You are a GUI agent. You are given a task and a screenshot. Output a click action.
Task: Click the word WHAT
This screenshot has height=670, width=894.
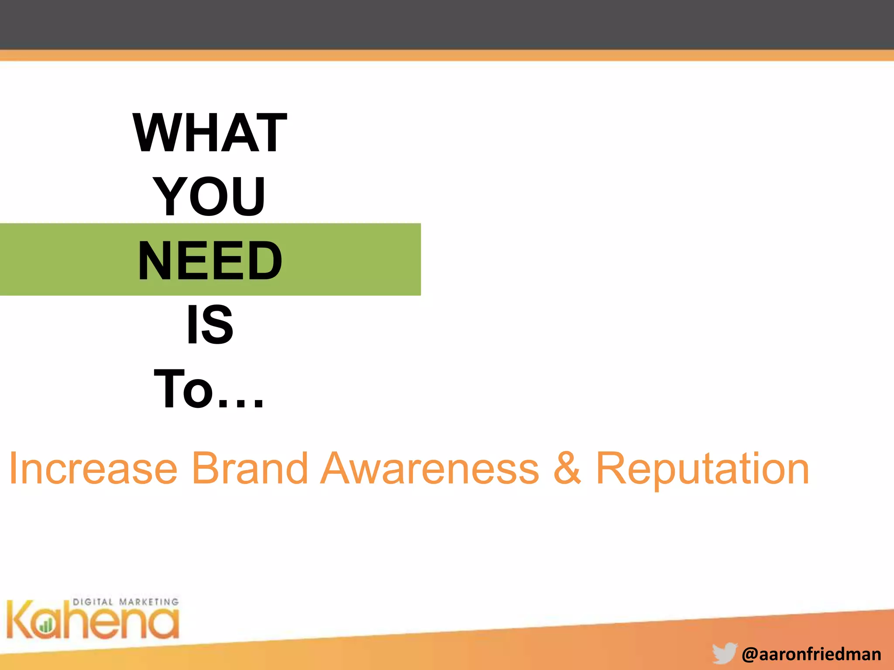(210, 133)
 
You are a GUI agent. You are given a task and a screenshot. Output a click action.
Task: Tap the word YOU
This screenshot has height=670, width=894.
(210, 197)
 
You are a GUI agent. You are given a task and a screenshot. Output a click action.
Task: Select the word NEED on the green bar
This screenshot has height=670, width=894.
(210, 261)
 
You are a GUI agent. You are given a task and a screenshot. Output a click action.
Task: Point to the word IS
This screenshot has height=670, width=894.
(210, 325)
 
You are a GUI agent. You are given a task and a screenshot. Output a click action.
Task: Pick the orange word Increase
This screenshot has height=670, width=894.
(93, 469)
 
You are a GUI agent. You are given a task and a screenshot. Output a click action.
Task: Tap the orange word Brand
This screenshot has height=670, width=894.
(250, 469)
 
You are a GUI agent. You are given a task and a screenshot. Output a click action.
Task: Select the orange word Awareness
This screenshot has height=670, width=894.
(430, 469)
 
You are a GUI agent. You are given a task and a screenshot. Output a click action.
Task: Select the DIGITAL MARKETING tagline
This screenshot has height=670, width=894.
(125, 602)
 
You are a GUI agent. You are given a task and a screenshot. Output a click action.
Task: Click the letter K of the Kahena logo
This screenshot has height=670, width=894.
(20, 619)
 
